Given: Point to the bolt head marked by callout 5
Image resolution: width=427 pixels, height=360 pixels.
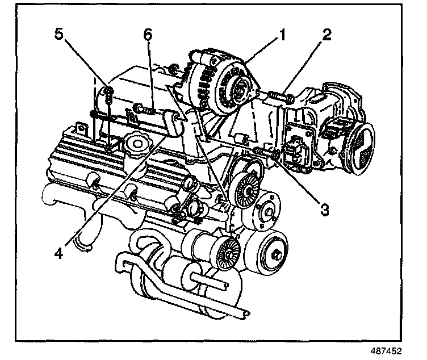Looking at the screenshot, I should [105, 90].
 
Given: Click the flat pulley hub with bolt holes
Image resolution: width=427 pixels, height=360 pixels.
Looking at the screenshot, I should [266, 211].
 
